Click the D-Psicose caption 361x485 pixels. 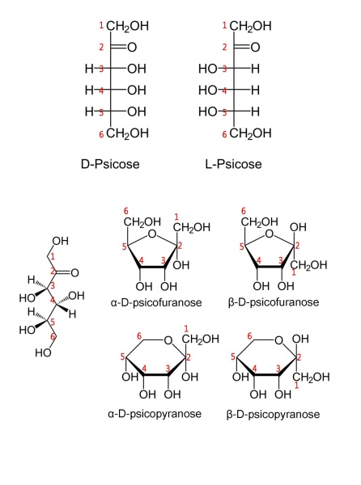click(110, 164)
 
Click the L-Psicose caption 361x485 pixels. click(233, 164)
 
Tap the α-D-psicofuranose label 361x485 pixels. click(156, 302)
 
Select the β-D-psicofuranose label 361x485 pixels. click(274, 302)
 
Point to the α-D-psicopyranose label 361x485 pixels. click(155, 414)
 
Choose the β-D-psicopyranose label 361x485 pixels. click(273, 414)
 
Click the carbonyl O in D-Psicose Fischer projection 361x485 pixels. click(132, 48)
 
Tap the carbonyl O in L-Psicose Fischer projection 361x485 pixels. click(255, 48)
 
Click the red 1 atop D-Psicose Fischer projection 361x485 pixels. click(101, 25)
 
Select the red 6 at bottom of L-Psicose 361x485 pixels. click(224, 134)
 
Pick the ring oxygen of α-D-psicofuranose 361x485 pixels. click(152, 234)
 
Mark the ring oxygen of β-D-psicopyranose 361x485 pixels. click(278, 340)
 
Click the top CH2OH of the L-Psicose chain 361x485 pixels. click(250, 26)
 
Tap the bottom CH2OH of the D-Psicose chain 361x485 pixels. click(128, 133)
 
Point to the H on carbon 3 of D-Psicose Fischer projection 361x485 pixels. click(89, 69)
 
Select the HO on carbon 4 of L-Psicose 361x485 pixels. click(208, 91)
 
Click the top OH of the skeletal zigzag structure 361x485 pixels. click(61, 241)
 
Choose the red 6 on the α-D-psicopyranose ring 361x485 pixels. click(139, 336)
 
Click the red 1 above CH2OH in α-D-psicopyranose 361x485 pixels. click(186, 328)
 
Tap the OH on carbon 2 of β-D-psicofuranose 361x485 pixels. click(298, 227)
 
